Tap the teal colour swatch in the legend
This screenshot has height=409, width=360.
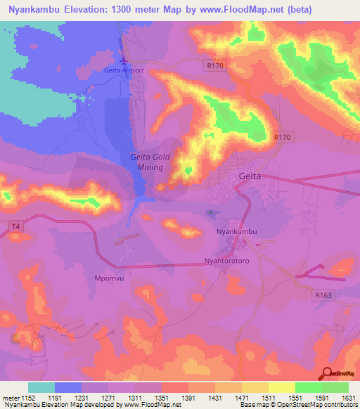tap(41, 387)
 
